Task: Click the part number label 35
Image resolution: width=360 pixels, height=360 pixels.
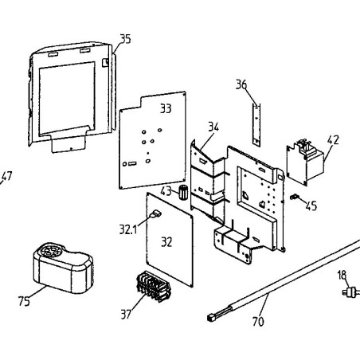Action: coord(126,39)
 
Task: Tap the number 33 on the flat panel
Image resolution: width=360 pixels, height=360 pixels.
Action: coord(166,108)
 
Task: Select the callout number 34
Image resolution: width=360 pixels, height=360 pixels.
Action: coord(213,127)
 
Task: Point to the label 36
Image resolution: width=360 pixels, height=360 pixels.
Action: coord(241,84)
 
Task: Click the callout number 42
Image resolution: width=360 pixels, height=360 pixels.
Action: coord(333,139)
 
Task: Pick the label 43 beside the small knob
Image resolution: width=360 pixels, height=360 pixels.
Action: coord(166,191)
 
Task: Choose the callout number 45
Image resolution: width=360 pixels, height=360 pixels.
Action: coord(311,205)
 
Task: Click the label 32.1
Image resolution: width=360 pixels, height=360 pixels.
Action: coord(128,229)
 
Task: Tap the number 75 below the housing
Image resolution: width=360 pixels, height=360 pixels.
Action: coord(24,301)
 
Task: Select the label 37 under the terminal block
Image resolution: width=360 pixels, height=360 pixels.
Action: coord(126,315)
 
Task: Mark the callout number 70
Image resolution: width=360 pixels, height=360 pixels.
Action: coord(258,322)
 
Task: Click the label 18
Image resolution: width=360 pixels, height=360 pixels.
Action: coord(342,275)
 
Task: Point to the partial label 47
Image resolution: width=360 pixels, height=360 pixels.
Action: coord(6,177)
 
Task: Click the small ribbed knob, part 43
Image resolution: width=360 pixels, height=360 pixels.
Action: coord(182,192)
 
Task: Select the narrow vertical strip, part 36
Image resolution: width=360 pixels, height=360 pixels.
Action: coord(256,124)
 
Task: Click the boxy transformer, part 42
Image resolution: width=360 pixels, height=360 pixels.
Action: coord(305,162)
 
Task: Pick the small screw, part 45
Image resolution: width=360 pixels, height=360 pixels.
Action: coord(295,197)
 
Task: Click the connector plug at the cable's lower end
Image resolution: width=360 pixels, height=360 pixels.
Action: coord(211,317)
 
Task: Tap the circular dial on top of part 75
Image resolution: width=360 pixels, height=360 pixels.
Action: coord(50,250)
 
